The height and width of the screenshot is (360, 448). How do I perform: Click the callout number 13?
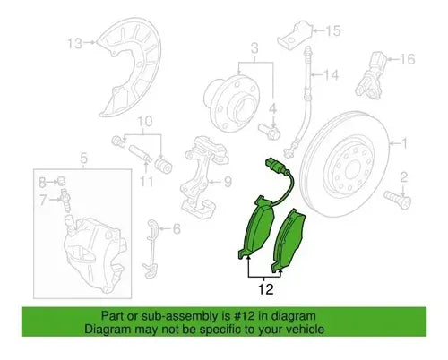74,44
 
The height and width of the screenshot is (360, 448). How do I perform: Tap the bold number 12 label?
265,289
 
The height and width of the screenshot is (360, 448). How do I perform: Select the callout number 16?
407,59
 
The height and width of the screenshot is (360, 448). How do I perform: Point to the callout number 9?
228,182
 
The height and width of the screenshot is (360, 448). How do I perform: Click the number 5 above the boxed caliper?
84,159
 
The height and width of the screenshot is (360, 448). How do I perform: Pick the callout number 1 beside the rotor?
404,143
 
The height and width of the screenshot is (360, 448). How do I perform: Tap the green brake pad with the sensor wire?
256,227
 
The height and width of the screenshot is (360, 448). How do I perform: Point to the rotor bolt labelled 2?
398,200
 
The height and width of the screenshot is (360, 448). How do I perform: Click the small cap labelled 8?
62,181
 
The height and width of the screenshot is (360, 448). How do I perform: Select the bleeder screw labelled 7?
65,199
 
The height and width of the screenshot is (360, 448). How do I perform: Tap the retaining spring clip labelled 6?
151,249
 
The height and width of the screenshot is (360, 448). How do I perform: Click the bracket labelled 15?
295,34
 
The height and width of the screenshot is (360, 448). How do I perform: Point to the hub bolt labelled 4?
269,132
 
